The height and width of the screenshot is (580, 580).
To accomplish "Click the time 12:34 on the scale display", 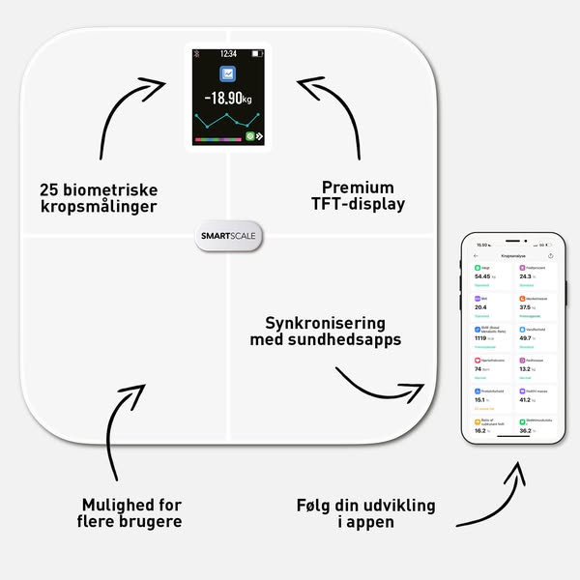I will (228, 54).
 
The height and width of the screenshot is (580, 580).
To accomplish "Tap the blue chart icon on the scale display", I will (229, 74).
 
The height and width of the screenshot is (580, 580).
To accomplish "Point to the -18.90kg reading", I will (228, 100).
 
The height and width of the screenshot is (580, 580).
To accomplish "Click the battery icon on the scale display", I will (256, 54).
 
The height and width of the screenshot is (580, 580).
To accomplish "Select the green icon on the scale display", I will (249, 136).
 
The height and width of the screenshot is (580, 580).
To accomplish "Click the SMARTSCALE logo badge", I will (229, 236).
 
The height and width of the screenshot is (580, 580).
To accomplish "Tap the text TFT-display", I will (358, 205).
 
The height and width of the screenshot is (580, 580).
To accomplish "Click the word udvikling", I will (393, 506).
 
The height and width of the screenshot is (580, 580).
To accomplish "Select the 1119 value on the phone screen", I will (482, 338).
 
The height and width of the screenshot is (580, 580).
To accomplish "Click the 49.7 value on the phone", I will (527, 338).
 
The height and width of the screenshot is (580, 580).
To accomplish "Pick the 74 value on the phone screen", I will (478, 368).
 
